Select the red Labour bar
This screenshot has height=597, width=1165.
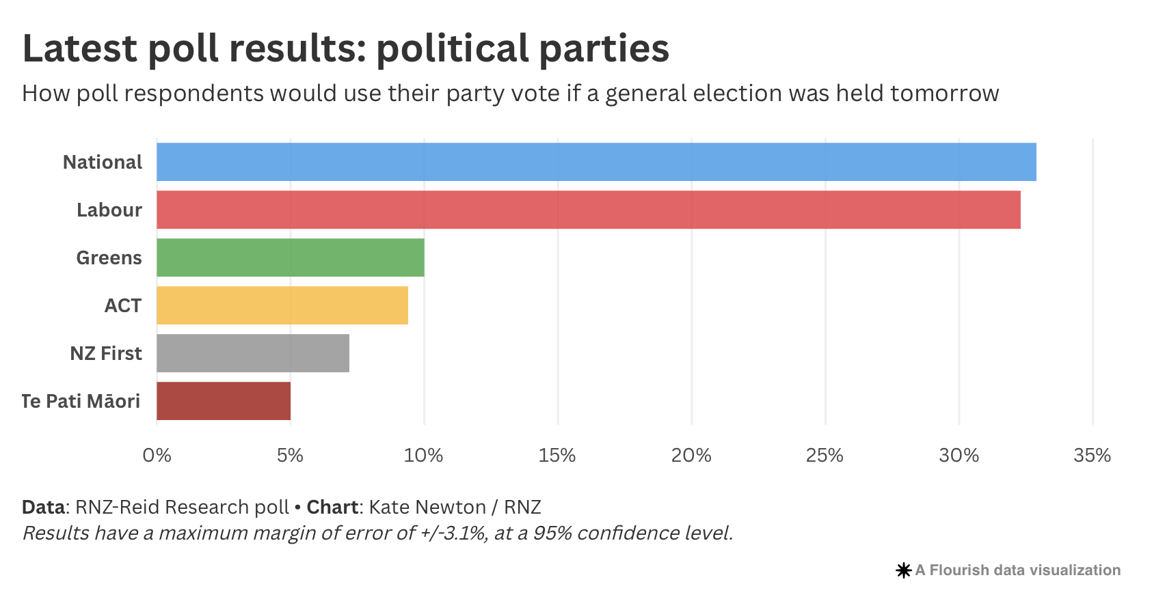click(x=588, y=210)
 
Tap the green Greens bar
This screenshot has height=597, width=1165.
click(x=290, y=258)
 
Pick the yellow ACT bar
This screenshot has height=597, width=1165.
click(x=282, y=305)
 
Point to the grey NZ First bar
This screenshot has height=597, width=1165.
click(x=252, y=353)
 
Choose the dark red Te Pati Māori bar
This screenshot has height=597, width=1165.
click(x=223, y=401)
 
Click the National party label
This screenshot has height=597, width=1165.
click(x=103, y=162)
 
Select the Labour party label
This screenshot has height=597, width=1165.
click(x=109, y=210)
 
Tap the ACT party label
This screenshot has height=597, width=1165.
click(x=122, y=305)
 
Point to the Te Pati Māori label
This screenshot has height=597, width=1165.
click(x=81, y=401)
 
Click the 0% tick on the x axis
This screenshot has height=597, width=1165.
click(x=157, y=456)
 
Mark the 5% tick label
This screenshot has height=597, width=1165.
click(x=290, y=456)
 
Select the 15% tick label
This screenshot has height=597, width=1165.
click(x=557, y=456)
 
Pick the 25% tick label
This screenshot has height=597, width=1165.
click(x=825, y=456)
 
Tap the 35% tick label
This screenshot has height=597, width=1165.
click(x=1092, y=456)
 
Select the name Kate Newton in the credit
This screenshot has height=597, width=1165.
click(x=427, y=507)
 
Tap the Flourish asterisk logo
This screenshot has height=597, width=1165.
click(x=903, y=570)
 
